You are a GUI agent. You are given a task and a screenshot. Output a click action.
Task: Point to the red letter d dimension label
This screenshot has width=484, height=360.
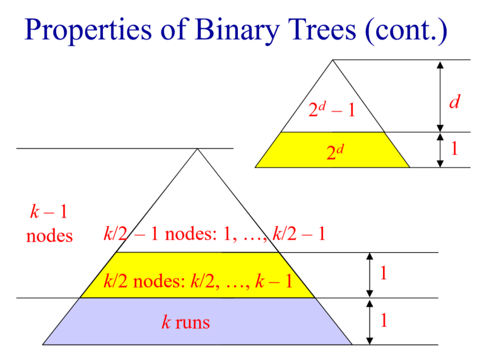pyautogui.click(x=454, y=102)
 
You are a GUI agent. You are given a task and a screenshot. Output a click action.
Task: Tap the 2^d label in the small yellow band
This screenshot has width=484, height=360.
pyautogui.click(x=335, y=151)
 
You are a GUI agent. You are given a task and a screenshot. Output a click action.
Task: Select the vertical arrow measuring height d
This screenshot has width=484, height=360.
pyautogui.click(x=440, y=96)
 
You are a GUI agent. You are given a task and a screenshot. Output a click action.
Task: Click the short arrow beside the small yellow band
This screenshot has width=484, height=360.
pyautogui.click(x=440, y=149)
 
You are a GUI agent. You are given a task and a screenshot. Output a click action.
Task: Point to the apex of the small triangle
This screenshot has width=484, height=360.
pyautogui.click(x=332, y=60)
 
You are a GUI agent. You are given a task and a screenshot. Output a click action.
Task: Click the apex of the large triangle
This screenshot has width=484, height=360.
pyautogui.click(x=197, y=149)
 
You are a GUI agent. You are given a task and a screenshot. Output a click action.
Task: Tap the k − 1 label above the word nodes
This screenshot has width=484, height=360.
pyautogui.click(x=49, y=212)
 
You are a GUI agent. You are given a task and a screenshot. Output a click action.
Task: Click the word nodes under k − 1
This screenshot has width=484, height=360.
pyautogui.click(x=49, y=235)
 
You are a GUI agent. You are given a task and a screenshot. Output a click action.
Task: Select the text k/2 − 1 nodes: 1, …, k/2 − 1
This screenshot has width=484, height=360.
pyautogui.click(x=215, y=234)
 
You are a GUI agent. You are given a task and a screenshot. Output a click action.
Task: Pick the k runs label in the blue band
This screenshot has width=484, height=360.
pyautogui.click(x=185, y=322)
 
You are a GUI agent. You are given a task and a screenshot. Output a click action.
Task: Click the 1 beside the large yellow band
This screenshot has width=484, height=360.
pyautogui.click(x=383, y=273)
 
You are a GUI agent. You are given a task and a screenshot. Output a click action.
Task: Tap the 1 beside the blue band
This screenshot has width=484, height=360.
pyautogui.click(x=383, y=320)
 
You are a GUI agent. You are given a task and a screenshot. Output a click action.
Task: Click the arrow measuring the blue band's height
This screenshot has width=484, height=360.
pyautogui.click(x=369, y=321)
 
